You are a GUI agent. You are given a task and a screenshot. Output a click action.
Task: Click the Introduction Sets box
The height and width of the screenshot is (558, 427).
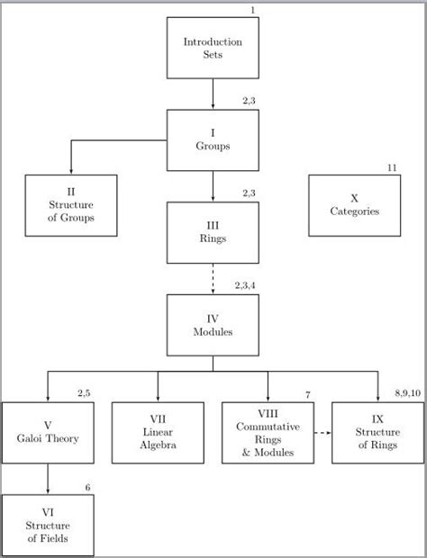point(213,48)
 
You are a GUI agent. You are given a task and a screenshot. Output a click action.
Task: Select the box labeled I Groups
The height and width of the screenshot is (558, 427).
point(213,139)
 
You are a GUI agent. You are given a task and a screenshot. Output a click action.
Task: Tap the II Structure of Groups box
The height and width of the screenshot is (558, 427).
point(71,205)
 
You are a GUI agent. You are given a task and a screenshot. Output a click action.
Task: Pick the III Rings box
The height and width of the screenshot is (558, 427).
point(213,232)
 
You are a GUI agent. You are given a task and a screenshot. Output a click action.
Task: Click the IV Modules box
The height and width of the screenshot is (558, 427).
point(213,325)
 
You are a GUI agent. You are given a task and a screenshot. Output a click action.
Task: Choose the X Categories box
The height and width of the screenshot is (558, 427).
point(354,205)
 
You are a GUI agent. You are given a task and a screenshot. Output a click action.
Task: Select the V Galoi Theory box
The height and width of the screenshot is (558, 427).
point(47,433)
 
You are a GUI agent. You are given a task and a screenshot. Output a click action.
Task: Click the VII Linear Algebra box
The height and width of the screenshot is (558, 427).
point(157,432)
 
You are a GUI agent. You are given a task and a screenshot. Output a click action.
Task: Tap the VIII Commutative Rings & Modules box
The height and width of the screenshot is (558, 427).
point(268,433)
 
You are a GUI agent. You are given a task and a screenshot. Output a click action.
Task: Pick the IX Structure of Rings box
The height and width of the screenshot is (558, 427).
point(377,433)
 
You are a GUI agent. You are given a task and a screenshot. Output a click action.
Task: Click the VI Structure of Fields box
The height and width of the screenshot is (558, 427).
point(47,526)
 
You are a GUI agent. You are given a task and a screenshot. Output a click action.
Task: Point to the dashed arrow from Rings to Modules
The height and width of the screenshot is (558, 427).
point(213,278)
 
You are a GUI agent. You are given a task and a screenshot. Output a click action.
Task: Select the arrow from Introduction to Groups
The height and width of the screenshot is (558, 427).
point(213,94)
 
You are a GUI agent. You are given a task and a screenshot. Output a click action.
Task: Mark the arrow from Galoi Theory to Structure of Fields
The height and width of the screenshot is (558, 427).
point(47,479)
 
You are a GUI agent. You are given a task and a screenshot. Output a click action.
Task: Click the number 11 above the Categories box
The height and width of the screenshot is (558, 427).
point(392,168)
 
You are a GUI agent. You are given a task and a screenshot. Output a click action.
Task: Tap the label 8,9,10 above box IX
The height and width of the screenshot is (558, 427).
point(410,394)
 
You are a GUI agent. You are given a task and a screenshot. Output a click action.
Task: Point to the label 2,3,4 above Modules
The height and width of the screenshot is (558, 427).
point(246,285)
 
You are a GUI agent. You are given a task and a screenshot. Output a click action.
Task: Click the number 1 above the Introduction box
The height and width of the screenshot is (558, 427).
point(253,10)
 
